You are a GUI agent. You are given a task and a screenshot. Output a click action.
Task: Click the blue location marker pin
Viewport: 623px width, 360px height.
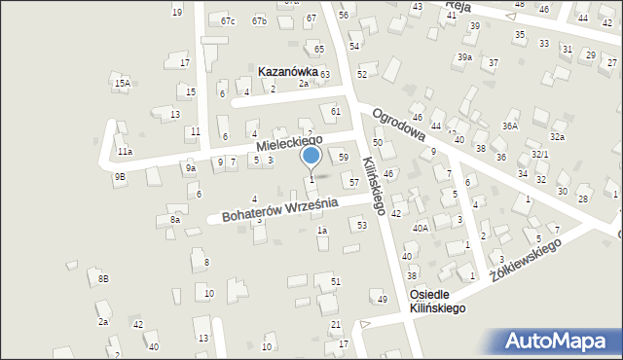(x=311, y=156)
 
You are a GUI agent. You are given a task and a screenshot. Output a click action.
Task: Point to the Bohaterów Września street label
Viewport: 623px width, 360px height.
(x=279, y=208)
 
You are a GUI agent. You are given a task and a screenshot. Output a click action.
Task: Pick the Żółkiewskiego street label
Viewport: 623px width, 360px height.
(x=527, y=260)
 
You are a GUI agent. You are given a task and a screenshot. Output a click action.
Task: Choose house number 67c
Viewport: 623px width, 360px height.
(x=228, y=20)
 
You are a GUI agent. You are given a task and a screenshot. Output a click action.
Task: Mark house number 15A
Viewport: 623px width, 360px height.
(x=122, y=84)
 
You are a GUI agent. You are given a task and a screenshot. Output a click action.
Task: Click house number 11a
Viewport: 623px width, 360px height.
(x=125, y=152)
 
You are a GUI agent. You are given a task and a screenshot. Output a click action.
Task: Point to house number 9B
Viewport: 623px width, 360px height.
(x=119, y=176)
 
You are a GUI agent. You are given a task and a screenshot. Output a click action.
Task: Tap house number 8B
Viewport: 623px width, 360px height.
(x=103, y=279)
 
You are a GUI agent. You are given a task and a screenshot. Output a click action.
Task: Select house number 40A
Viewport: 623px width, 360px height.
(x=421, y=228)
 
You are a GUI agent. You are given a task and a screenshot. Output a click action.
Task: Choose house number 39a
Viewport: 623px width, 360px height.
(x=465, y=57)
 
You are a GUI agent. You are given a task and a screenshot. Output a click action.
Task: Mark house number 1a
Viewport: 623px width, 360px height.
(x=321, y=231)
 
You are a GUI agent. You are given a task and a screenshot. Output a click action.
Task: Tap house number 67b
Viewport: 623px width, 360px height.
(x=259, y=20)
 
